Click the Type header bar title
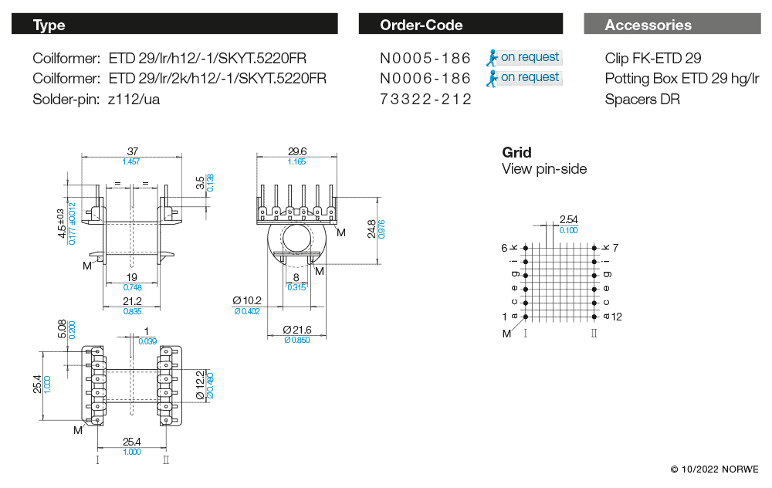click(49, 25)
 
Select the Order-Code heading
click(421, 25)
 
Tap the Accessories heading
click(648, 25)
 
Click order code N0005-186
click(425, 58)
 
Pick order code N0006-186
click(425, 78)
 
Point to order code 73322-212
click(425, 99)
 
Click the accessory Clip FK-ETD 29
click(653, 58)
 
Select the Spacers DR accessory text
click(642, 99)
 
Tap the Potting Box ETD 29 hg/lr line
click(682, 78)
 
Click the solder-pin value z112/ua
click(134, 99)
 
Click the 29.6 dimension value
click(296, 151)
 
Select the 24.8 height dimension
click(372, 229)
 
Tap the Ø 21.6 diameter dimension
click(296, 330)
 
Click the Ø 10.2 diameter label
click(247, 300)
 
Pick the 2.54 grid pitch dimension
click(568, 220)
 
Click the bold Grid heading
click(516, 152)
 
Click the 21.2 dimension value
click(131, 301)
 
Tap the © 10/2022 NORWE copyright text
click(714, 469)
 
